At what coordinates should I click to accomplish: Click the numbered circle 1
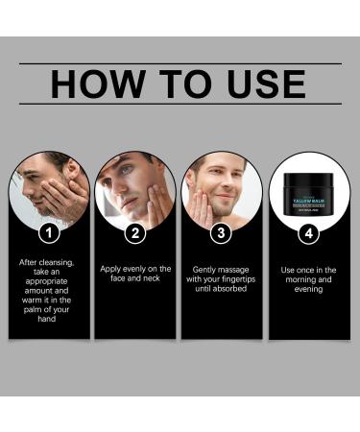(x=50, y=232)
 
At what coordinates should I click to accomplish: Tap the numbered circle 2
(x=136, y=232)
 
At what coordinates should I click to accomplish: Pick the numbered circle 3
(x=222, y=232)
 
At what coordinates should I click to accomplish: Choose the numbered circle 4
(x=309, y=232)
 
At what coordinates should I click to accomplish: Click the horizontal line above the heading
(x=180, y=63)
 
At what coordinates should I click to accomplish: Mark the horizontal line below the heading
(x=180, y=104)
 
